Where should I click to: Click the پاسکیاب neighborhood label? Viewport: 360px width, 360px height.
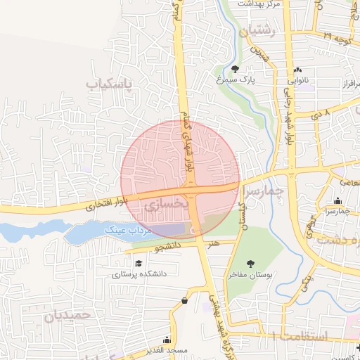(110, 85)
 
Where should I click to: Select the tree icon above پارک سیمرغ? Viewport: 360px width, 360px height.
(235, 69)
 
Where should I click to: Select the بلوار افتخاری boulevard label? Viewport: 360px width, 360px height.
(90, 208)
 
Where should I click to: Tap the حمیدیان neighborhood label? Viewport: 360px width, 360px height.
(67, 316)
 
